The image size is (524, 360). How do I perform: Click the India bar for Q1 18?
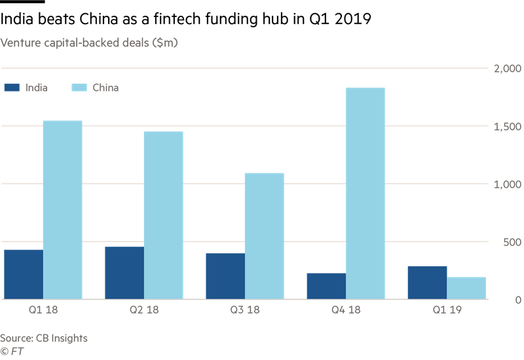(x=24, y=274)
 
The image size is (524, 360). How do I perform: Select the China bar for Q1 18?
(x=63, y=209)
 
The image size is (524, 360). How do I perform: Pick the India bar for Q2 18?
(x=124, y=272)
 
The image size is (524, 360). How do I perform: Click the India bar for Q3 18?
(x=225, y=276)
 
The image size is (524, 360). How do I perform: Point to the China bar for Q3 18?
(x=265, y=236)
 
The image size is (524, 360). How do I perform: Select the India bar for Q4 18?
(x=326, y=286)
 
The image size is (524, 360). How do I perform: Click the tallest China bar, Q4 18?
(x=365, y=193)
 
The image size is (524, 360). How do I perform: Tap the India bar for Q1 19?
(x=427, y=282)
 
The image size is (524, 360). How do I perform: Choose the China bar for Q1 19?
(x=466, y=288)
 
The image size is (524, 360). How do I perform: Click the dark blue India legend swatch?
(x=11, y=87)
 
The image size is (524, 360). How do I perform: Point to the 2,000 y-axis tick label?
(x=505, y=69)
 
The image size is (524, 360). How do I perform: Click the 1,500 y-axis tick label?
(x=506, y=126)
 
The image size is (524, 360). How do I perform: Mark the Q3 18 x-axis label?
(x=246, y=310)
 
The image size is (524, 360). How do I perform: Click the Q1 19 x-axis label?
(x=447, y=310)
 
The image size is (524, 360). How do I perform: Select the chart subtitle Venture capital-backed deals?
(x=89, y=43)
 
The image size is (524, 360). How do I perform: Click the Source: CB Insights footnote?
(x=44, y=338)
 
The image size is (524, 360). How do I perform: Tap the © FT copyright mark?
(x=12, y=351)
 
